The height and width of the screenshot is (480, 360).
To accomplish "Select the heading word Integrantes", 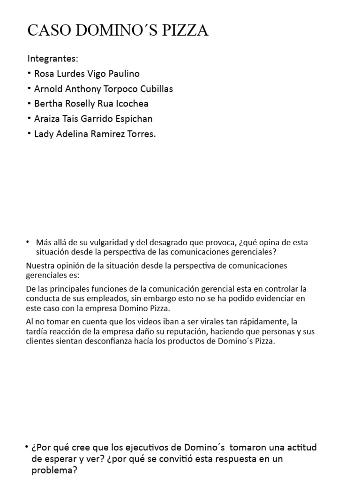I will (52, 59).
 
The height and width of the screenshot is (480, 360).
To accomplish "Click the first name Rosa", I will (45, 74).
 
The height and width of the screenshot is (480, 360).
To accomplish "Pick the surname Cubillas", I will (154, 89).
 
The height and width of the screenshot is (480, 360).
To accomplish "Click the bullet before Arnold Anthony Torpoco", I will (30, 89).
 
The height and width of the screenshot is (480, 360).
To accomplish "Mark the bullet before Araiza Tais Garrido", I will (30, 119).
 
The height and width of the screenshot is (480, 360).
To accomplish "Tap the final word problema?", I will (54, 470).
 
